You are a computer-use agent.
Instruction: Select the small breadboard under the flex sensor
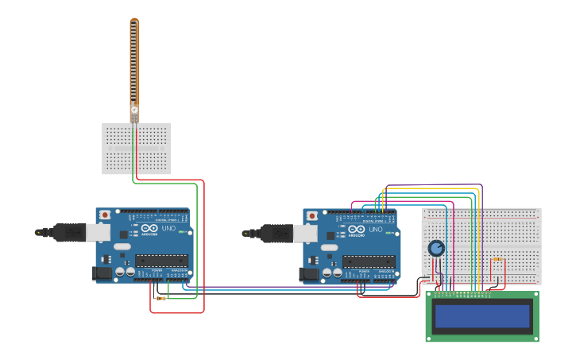point(136,149)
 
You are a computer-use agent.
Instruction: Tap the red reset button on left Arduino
point(106,215)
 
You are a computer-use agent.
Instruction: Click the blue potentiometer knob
point(436,249)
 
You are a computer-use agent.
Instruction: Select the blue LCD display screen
point(482,316)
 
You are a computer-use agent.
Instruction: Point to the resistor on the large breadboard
point(497,259)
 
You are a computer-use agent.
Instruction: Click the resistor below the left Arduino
point(161,298)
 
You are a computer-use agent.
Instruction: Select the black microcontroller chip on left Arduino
point(161,261)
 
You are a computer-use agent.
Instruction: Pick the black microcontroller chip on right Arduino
point(369,261)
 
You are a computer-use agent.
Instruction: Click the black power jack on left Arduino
point(101,273)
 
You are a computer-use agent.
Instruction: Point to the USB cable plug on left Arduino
point(65,232)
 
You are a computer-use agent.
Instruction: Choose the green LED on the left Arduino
point(182,232)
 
